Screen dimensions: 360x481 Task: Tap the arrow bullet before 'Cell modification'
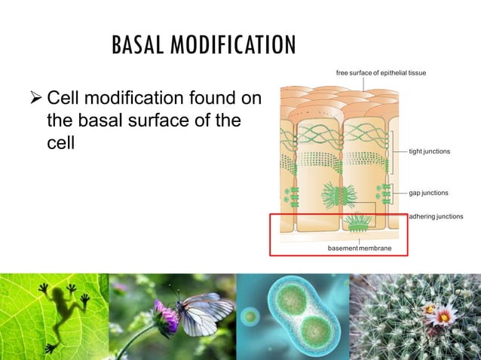[x=34, y=98]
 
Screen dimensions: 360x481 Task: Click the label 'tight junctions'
[x=429, y=151]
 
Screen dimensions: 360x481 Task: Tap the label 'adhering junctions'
[x=435, y=217]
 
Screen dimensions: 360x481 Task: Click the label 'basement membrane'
[x=359, y=248]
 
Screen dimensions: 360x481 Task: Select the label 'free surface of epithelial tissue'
[x=381, y=72]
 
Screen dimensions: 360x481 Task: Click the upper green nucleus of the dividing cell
[x=291, y=299]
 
